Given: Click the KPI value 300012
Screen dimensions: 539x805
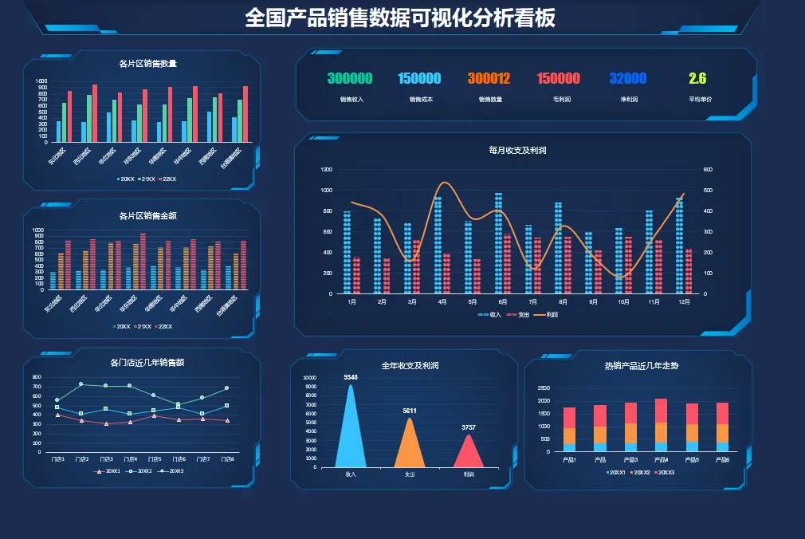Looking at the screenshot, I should [x=489, y=78].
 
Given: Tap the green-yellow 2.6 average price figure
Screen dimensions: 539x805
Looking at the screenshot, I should [x=697, y=78].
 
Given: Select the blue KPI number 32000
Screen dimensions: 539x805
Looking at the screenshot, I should [x=628, y=78].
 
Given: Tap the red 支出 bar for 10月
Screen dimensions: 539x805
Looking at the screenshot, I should [x=628, y=264].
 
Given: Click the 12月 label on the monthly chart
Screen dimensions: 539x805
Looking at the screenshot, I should [x=684, y=303].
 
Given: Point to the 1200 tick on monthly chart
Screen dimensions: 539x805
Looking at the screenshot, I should [x=326, y=170].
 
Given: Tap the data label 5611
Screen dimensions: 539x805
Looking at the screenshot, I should [x=410, y=411].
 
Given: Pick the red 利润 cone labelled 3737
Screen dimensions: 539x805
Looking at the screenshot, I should [x=469, y=452].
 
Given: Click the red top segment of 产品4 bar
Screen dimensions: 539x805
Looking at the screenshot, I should [x=661, y=411].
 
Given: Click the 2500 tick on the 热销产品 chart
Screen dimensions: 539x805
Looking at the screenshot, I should [x=544, y=388].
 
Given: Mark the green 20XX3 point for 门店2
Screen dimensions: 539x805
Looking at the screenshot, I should [x=80, y=384].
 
